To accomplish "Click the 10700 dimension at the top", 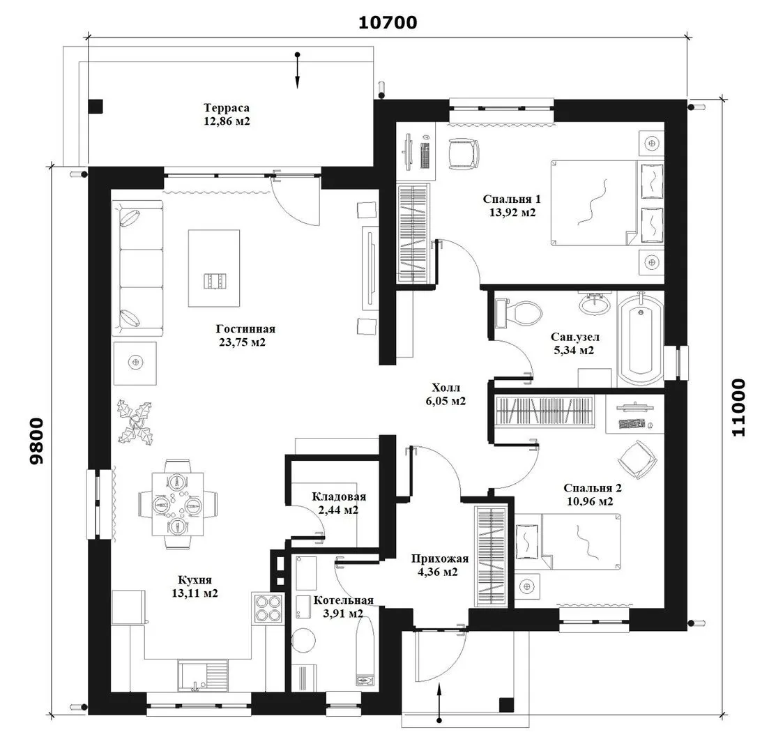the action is coord(388,22).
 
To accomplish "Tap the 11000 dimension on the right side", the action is coord(738,407).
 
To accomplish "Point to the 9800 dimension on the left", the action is coord(36,441).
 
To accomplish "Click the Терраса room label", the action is coord(227,108).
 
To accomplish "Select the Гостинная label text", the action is coord(245,329).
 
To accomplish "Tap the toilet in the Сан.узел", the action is coord(519,313).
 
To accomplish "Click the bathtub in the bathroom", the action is coord(641,338).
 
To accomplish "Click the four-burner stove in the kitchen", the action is coord(267,609).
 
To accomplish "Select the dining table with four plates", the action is coord(177,504).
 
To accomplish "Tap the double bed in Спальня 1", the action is coord(607,203).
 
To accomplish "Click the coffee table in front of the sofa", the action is coord(214,268).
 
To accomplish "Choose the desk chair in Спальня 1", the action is coord(463,153).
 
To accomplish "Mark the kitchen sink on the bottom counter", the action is coord(203,676).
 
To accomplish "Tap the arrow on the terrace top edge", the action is coord(297,70).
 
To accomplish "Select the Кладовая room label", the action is coord(339,497).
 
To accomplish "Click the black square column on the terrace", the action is coord(96,107).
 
